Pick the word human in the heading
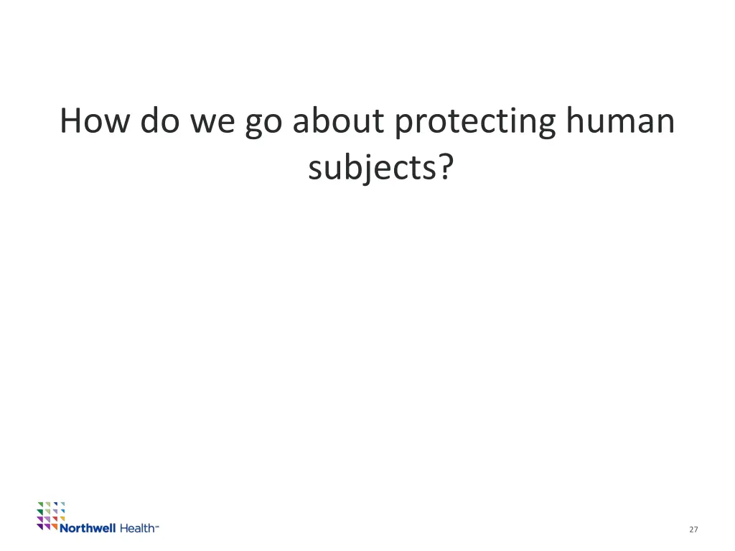coord(620,121)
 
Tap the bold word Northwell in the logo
coord(88,528)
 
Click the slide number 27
coord(693,529)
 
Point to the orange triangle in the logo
coord(55,526)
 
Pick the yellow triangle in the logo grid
coord(63,518)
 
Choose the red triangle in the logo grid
coord(55,518)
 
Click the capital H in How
coord(70,121)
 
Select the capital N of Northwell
coord(65,528)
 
